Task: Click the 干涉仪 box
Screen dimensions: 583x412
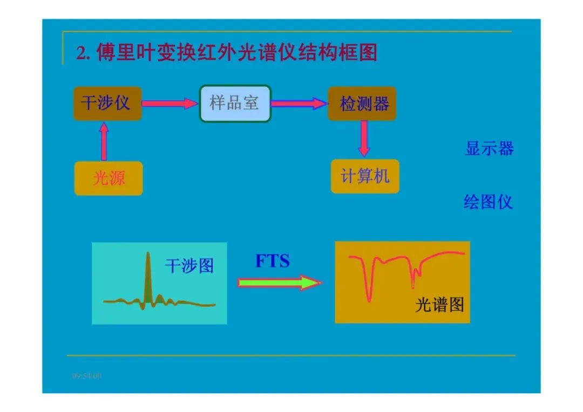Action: [x=107, y=103]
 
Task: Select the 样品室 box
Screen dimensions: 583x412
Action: [x=235, y=103]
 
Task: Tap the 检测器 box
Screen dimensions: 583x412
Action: [x=362, y=103]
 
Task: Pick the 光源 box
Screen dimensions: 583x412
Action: [x=109, y=178]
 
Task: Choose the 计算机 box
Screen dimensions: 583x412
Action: [x=365, y=176]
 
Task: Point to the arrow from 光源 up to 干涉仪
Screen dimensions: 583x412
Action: [x=104, y=141]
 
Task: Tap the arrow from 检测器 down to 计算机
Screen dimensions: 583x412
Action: [x=364, y=139]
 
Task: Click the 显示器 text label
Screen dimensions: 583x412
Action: [x=489, y=148]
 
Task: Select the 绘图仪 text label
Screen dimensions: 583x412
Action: [x=488, y=202]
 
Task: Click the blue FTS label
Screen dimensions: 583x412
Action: [x=273, y=261]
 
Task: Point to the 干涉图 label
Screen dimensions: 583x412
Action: [x=189, y=265]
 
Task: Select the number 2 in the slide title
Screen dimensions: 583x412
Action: [x=81, y=53]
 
